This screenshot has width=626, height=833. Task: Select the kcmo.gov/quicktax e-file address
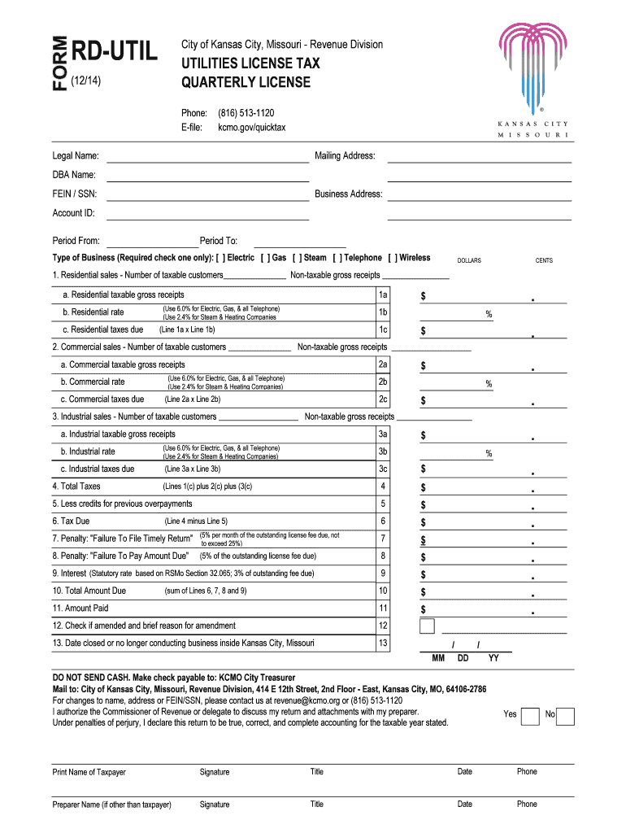251,128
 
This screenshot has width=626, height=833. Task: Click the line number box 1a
383,294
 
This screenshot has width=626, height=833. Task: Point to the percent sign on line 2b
489,384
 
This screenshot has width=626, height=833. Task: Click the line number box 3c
383,469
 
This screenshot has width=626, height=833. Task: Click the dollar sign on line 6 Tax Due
423,523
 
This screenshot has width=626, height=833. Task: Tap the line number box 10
383,591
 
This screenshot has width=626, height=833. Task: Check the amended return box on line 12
427,626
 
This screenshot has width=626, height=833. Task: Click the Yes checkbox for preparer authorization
530,716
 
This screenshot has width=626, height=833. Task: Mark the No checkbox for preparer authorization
566,716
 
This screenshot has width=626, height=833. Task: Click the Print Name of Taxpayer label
89,772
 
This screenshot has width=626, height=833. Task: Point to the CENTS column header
544,260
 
